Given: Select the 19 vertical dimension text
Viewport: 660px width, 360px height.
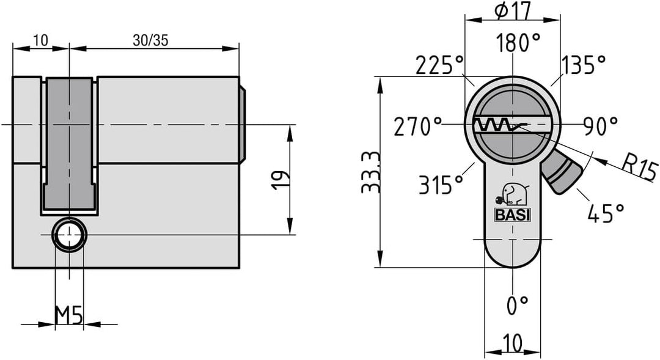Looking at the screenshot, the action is (x=280, y=180).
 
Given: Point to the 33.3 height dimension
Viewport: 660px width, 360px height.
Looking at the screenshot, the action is (x=372, y=172).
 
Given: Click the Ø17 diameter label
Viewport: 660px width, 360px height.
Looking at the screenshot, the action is (x=513, y=10).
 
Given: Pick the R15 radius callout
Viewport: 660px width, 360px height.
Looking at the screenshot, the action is (x=639, y=167).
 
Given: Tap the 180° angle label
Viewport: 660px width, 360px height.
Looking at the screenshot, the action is (x=518, y=43).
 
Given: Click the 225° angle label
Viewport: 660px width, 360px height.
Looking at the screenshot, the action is (x=439, y=65).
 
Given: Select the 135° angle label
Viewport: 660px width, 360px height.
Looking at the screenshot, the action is (x=584, y=65).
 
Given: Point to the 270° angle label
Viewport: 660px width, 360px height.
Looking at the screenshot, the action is (x=418, y=127).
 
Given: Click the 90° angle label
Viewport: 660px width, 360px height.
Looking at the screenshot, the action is (x=601, y=126).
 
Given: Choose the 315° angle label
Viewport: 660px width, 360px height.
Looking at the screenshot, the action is (x=441, y=184).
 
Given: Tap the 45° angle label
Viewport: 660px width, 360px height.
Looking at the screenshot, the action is (x=606, y=213).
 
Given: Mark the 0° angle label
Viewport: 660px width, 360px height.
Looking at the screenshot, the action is (x=517, y=305).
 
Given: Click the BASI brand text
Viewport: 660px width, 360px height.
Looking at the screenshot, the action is (x=512, y=215).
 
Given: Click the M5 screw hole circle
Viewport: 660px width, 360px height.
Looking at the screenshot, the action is (x=70, y=235).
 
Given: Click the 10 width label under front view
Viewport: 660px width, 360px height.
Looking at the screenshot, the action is (x=512, y=343).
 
